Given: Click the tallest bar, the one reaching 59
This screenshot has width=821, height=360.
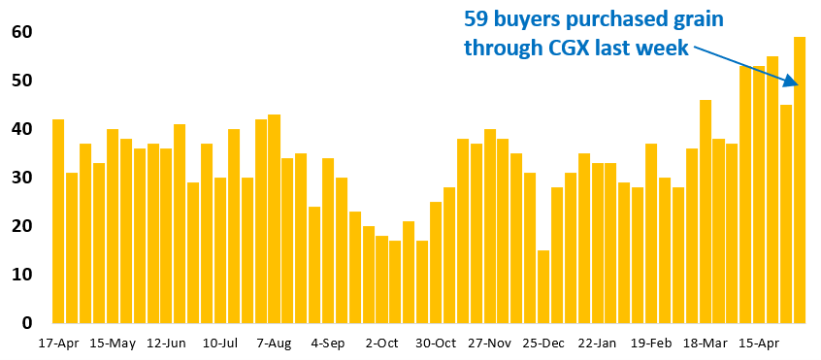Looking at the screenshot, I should [800, 180].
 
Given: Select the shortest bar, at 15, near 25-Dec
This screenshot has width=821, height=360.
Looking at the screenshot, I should [543, 286].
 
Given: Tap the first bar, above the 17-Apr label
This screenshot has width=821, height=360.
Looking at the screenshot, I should [58, 220].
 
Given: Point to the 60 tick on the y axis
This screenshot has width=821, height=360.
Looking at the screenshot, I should [22, 32].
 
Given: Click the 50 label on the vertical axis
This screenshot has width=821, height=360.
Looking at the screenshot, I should [22, 81].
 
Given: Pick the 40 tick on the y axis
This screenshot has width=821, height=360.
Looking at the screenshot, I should [22, 129].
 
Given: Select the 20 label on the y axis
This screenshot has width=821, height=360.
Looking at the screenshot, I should [22, 226].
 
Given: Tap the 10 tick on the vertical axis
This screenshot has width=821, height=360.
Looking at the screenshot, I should [22, 275].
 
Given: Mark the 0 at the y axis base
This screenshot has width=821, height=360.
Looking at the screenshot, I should [28, 323].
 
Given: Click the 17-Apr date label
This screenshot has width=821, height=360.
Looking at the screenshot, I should [58, 343].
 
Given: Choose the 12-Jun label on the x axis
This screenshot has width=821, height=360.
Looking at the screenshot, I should [166, 343].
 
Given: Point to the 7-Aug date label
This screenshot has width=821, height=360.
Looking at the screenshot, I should [274, 343].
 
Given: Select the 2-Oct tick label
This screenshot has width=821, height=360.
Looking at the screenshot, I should [381, 343].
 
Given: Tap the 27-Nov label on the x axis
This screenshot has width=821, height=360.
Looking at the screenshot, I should [489, 343].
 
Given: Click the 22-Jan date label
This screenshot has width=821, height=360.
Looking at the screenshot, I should [597, 343].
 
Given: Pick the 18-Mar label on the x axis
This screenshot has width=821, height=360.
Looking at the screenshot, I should [705, 343].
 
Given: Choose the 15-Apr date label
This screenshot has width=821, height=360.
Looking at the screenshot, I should [759, 343].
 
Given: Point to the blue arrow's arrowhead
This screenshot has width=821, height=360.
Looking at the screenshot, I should [794, 83].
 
